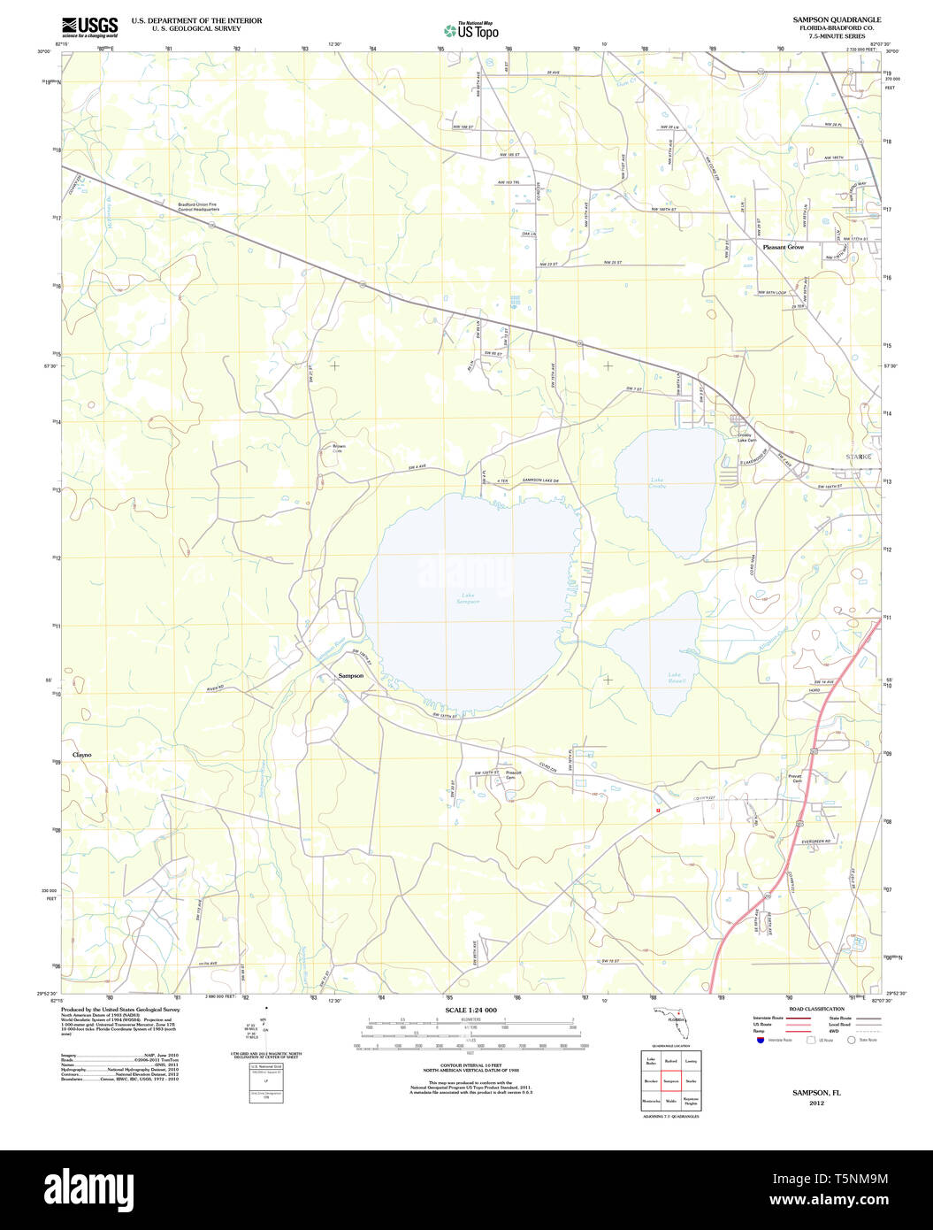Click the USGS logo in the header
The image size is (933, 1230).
(89, 26)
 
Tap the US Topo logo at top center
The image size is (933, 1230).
(471, 30)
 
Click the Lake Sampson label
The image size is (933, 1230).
(469, 598)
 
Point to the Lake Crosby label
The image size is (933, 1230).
(657, 484)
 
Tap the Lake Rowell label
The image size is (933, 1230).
(677, 678)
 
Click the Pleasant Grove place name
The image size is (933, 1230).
(783, 247)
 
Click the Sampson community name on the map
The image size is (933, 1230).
(350, 676)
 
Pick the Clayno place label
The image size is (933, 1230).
(81, 755)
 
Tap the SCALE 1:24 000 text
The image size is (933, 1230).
(470, 1011)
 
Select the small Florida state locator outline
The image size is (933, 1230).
(673, 1018)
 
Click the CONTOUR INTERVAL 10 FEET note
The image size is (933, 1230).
(470, 1066)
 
